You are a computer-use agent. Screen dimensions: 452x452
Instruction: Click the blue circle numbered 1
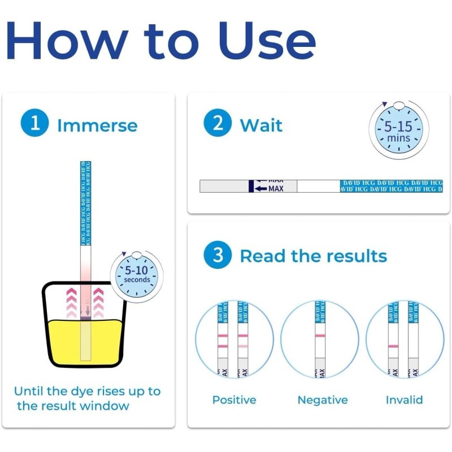click(x=35, y=124)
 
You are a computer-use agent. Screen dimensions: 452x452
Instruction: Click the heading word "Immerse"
click(x=97, y=125)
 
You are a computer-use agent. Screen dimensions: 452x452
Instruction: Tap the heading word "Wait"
click(x=261, y=125)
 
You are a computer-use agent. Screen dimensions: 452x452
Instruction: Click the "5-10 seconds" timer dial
click(x=137, y=275)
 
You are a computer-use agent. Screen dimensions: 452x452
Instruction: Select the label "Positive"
click(x=234, y=400)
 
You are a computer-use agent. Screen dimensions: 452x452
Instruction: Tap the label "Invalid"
click(x=404, y=400)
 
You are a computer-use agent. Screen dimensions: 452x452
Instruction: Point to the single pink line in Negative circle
click(x=320, y=337)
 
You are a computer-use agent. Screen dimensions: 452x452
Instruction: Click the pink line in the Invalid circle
click(x=393, y=345)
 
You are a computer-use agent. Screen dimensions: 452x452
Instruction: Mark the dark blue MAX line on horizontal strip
click(x=251, y=186)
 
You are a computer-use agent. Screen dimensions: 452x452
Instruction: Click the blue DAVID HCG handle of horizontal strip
click(x=391, y=186)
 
